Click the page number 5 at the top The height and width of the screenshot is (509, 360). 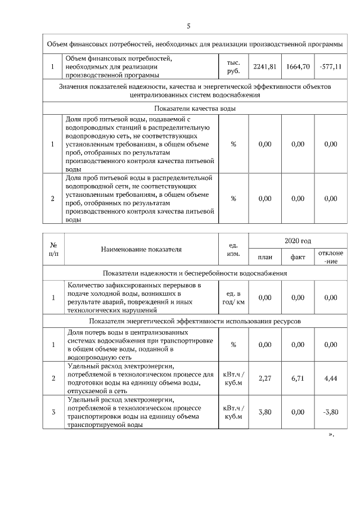click(x=188, y=26)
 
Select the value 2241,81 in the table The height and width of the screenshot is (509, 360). click(x=265, y=67)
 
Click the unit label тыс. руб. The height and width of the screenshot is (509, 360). click(x=233, y=67)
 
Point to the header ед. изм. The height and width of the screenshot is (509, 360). click(x=233, y=250)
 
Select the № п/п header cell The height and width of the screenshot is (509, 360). click(x=53, y=250)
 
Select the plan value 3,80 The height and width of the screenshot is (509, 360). click(x=265, y=412)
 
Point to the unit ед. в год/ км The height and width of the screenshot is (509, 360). click(x=233, y=298)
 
